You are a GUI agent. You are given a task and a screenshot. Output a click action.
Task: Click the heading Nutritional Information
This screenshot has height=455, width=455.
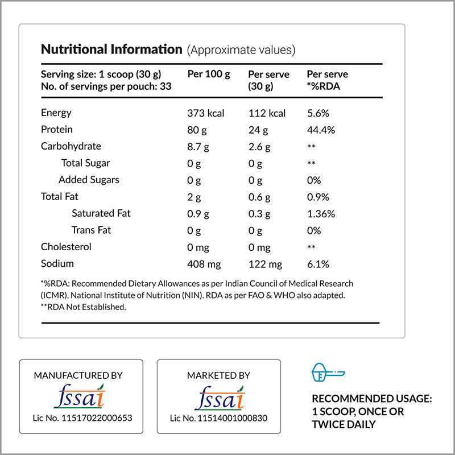111,49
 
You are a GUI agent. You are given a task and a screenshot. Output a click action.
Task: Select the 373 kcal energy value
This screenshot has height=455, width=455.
206,113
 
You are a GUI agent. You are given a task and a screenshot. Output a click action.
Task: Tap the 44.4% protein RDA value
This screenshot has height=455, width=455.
321,130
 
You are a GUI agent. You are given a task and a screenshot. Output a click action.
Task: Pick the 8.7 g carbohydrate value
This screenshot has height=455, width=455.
198,147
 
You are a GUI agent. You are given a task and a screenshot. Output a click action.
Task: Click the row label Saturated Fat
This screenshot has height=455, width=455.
101,213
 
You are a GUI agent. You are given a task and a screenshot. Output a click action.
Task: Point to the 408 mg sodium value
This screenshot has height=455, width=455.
204,264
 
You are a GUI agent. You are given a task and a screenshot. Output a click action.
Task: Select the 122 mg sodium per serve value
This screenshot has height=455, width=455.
265,264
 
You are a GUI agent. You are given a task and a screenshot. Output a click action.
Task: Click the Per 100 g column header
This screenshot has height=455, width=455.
208,75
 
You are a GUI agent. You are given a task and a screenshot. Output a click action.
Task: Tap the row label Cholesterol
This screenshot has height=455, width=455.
66,247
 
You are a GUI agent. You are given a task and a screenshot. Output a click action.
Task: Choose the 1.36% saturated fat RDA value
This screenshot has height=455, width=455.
321,214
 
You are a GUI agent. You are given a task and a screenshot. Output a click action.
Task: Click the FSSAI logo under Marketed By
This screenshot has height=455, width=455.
218,397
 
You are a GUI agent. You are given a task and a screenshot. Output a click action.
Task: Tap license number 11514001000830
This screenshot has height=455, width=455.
218,418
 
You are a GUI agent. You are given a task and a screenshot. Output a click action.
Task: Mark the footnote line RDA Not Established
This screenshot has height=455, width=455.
83,307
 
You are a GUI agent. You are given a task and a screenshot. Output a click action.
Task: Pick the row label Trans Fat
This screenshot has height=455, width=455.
91,230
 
